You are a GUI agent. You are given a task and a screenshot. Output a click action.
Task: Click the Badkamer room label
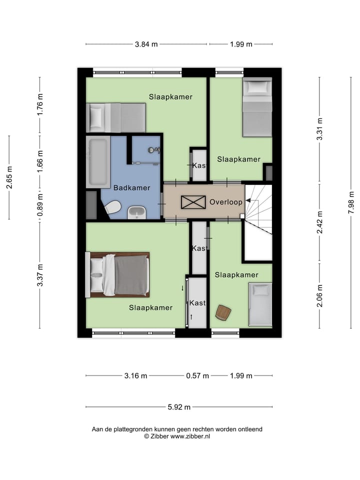131,188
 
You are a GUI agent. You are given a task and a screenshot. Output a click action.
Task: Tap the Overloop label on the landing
226,202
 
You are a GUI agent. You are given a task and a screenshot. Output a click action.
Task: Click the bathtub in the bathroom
97,162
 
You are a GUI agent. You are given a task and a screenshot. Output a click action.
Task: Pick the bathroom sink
136,212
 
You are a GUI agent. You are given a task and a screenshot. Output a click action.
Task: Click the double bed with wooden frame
119,274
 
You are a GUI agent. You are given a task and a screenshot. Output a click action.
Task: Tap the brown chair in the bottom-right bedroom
223,312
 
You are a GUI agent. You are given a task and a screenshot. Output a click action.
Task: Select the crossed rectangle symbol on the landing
193,202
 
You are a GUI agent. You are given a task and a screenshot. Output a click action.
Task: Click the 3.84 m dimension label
146,44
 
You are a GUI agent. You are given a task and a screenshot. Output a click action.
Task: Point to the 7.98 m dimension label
351,202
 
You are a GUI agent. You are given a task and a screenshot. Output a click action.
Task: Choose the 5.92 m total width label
179,407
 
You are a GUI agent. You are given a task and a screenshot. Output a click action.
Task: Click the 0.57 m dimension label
196,375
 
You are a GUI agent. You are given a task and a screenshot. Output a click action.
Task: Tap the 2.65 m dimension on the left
9,177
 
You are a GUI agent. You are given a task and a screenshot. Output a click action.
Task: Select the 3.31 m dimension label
320,129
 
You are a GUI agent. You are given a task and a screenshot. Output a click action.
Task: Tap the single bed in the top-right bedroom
257,107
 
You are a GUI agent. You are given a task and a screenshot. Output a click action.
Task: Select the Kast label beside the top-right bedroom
199,165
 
